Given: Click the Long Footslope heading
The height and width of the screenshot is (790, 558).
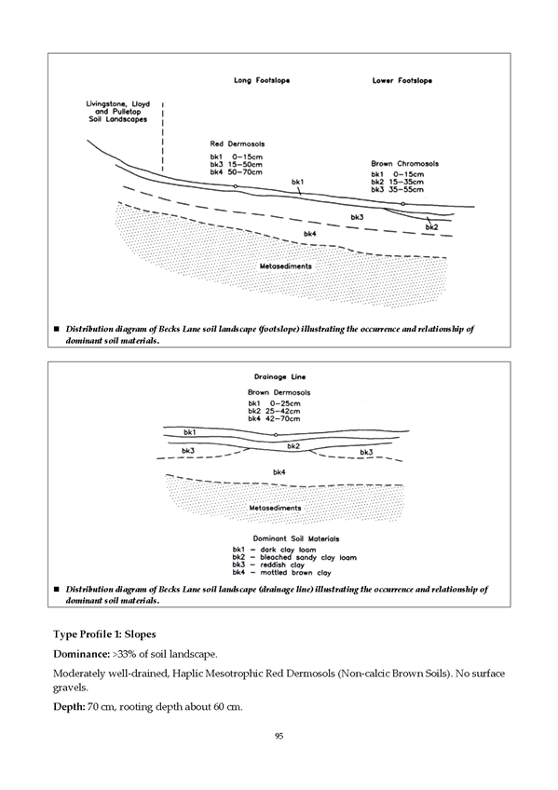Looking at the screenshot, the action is [x=262, y=80].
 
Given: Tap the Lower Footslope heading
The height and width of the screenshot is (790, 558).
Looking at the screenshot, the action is [x=402, y=80].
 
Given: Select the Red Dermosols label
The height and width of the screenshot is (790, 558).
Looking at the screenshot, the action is [x=238, y=143].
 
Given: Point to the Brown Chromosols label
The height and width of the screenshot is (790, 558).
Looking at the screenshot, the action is [x=405, y=163].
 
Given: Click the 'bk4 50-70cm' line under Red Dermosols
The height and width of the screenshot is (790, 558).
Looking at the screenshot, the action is [x=237, y=171].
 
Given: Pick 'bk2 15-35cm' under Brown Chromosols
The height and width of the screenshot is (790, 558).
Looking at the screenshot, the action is [x=398, y=182].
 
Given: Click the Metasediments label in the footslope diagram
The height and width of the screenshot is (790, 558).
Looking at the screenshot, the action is [x=286, y=266].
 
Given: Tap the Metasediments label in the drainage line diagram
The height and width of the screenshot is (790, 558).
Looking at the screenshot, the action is [x=275, y=508].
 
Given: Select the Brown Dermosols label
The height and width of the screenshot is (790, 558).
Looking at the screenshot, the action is [x=279, y=392].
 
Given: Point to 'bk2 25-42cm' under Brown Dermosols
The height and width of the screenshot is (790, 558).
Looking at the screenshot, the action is [x=274, y=411].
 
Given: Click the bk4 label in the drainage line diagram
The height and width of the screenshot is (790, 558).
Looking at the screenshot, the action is [x=279, y=472].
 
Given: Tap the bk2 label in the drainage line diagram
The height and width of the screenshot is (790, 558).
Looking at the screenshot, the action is [x=293, y=446].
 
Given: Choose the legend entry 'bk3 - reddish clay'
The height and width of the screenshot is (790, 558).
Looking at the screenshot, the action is [x=268, y=565].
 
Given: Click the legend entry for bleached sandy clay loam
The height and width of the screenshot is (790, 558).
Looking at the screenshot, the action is [x=294, y=557].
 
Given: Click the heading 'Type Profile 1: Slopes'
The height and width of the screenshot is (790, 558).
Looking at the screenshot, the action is [x=104, y=634].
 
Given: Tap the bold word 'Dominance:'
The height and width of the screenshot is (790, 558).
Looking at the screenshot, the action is [x=81, y=654].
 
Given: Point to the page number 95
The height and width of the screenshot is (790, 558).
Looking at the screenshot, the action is [x=279, y=736].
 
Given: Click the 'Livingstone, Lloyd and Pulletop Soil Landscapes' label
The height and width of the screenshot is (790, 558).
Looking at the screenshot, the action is [x=118, y=112].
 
